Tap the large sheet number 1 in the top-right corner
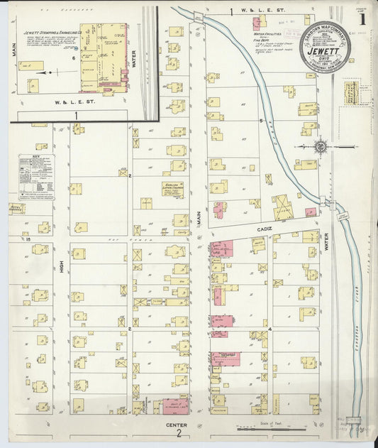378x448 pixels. (x=362, y=19)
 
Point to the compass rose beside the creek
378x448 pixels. (x=320, y=146)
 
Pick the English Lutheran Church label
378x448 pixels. (x=173, y=189)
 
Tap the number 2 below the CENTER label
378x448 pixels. (x=180, y=433)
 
